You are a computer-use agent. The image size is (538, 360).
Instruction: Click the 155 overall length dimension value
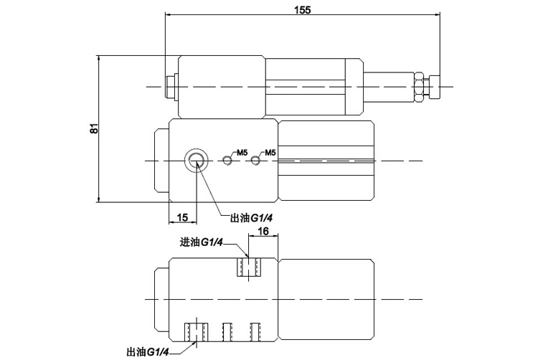coord(302,8)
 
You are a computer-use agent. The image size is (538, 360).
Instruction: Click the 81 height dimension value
coord(93,129)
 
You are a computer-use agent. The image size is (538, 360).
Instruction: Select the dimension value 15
coord(182,217)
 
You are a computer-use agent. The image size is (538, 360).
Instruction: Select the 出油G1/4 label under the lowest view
coord(147,351)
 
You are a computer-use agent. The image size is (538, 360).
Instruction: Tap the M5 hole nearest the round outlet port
coord(227,160)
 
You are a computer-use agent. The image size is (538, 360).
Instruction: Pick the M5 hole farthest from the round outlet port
coord(255,160)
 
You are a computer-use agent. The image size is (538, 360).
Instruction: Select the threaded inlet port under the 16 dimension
coord(249,268)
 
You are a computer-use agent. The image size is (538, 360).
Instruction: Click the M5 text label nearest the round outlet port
coord(242,153)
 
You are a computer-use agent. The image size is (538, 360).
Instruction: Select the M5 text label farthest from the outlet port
coord(270,153)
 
